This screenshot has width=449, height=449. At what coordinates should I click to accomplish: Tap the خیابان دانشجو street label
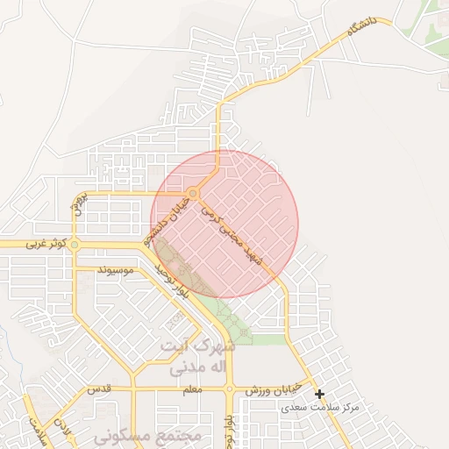171,220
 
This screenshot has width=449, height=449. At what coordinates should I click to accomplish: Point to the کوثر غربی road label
46,244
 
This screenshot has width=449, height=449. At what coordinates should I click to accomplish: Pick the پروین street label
77,203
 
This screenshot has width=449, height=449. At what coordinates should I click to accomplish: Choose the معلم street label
189,388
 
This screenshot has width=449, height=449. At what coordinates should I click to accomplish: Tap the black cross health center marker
320,395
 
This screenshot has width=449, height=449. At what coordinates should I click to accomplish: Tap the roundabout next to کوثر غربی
75,245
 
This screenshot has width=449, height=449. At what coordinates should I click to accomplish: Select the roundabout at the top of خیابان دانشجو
193,193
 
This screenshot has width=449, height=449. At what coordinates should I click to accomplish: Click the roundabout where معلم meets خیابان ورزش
230,388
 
